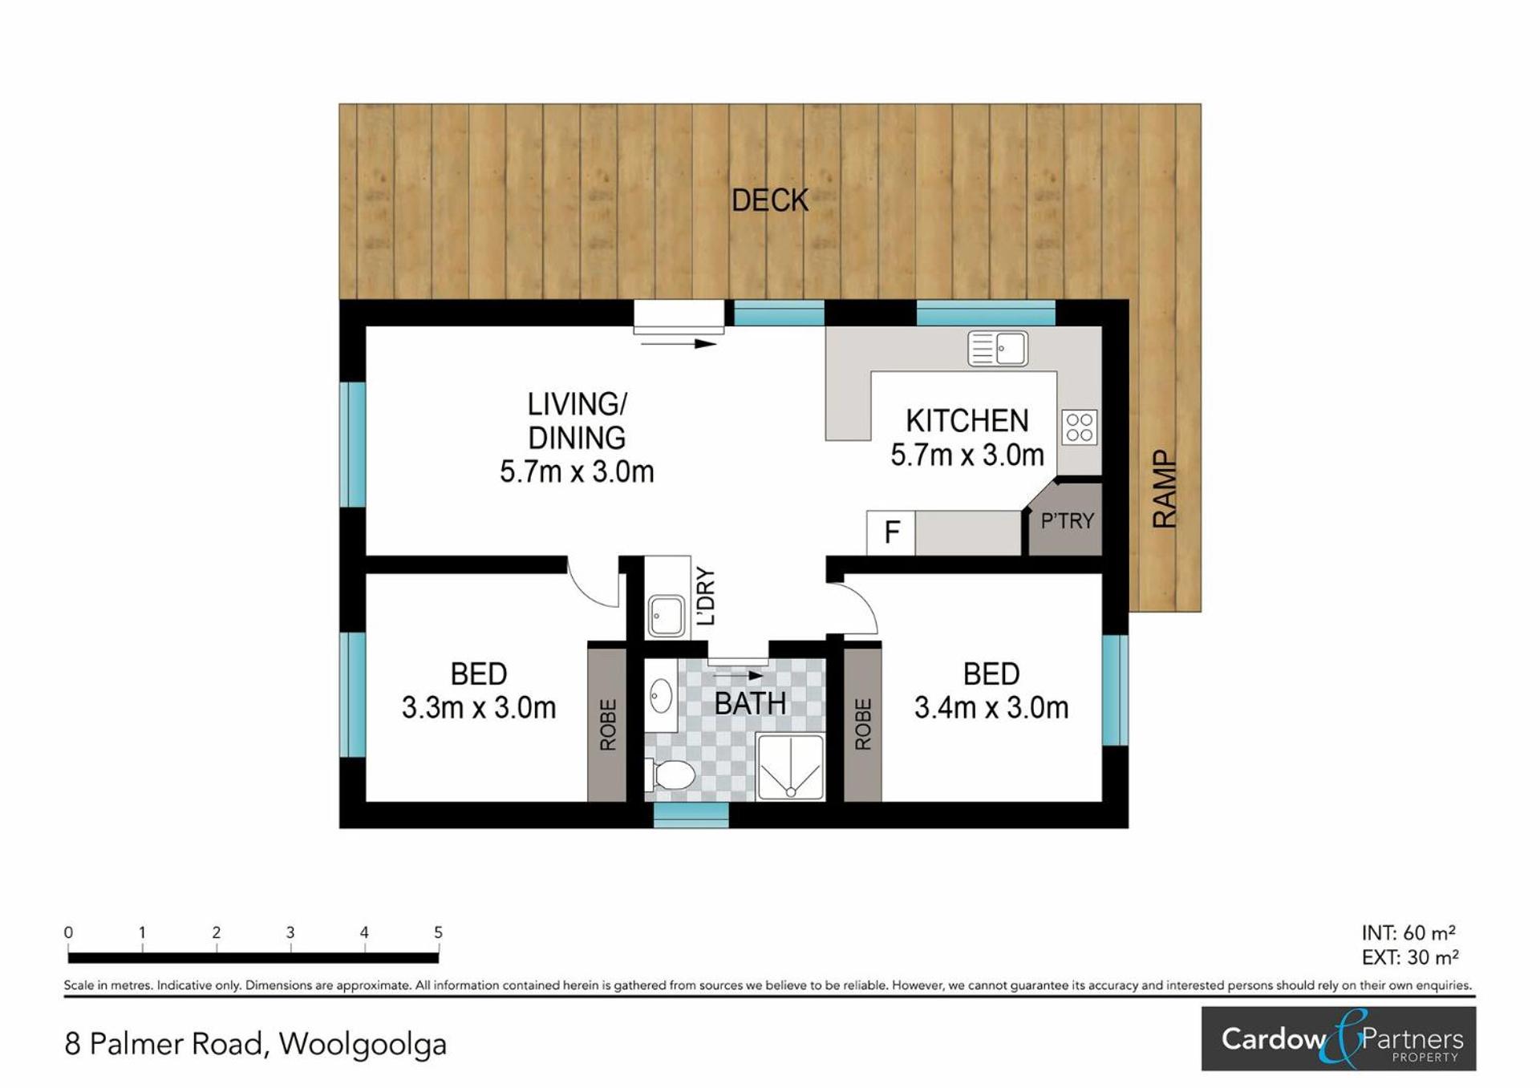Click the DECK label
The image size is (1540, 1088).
[x=770, y=200]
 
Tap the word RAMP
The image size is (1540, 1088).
[x=1164, y=489]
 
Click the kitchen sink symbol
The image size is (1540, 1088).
[x=998, y=349]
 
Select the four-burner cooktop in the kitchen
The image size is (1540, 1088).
[x=1080, y=427]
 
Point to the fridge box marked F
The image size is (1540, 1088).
[x=891, y=532]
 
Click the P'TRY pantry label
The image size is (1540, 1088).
[x=1067, y=521]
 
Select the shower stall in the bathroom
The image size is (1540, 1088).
[x=791, y=767]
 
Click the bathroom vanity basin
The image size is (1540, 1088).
[x=660, y=696]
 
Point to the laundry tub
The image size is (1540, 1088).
[x=667, y=616]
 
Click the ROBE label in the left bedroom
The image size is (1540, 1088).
[x=608, y=725]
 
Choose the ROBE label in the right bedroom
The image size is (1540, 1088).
[x=863, y=725]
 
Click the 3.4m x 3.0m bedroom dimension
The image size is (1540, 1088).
[x=991, y=708]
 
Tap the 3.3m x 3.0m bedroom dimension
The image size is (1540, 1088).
[x=479, y=708]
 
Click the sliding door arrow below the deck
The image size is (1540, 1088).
[x=679, y=344]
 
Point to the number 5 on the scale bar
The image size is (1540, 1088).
[x=438, y=932]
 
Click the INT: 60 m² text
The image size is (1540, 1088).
[x=1408, y=933]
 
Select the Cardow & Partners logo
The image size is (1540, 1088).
[x=1339, y=1039]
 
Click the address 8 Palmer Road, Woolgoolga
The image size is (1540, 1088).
[x=255, y=1045]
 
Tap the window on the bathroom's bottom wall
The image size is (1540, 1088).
[x=691, y=815]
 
